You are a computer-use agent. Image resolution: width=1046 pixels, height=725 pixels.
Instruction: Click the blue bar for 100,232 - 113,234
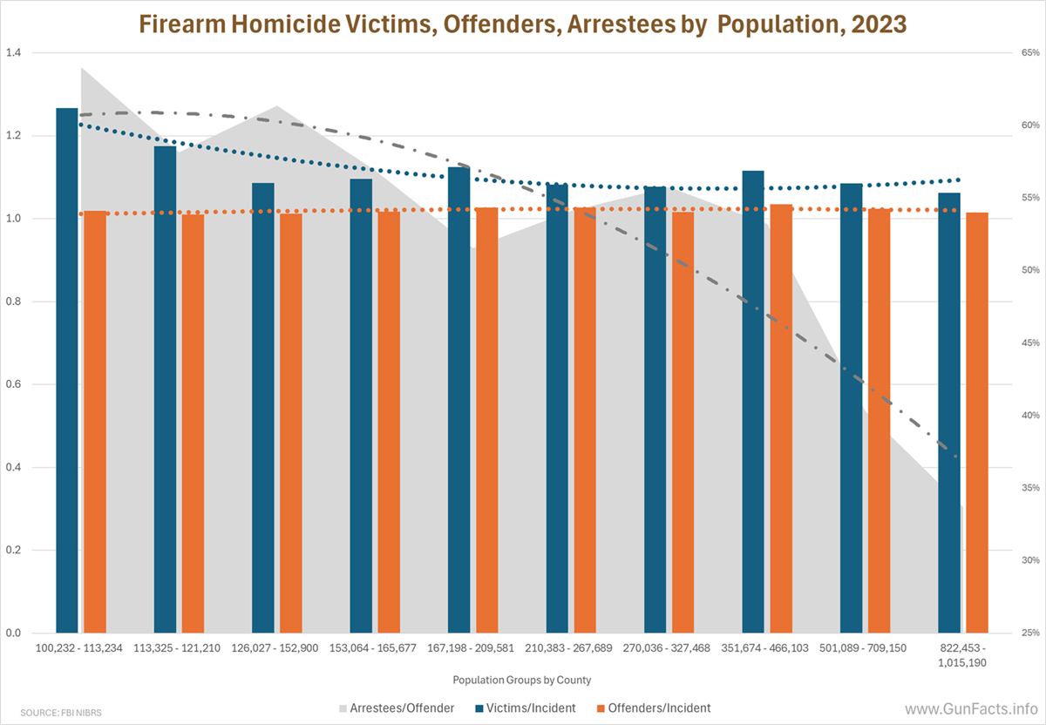pyautogui.click(x=67, y=370)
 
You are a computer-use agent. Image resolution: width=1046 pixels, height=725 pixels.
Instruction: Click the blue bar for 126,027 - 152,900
pyautogui.click(x=263, y=408)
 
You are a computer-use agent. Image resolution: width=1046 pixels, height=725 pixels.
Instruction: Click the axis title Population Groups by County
pyautogui.click(x=522, y=679)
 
